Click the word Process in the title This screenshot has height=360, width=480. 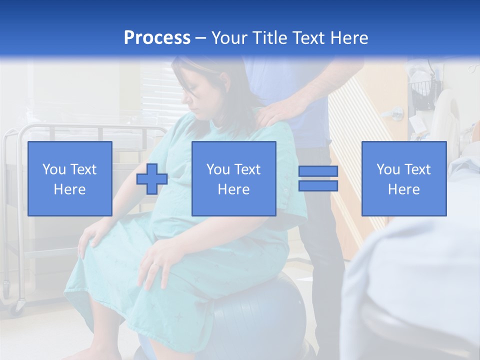pos(157,37)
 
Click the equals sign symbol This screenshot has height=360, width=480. pos(318,178)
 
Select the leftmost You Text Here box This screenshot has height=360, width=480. pos(70,178)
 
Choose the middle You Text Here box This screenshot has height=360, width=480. pos(233,178)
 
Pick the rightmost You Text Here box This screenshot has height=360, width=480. pos(403,178)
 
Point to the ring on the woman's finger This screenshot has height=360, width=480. pos(156,263)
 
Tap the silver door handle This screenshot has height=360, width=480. pos(396,112)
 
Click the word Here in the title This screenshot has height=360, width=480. pos(347,37)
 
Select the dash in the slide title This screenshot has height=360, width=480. pos(201,38)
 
